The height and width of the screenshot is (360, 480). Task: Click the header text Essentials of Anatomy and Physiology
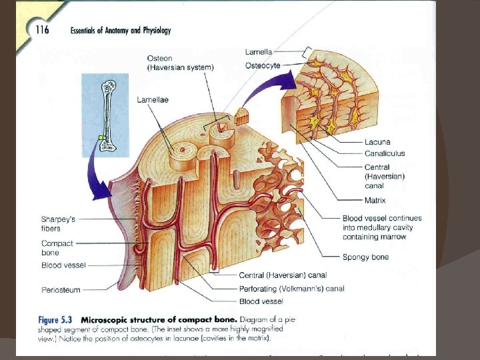point(121,30)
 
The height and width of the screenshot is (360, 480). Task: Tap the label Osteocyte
point(263,65)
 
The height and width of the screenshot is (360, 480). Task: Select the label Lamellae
point(152,99)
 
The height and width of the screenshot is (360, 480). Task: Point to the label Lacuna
point(377,141)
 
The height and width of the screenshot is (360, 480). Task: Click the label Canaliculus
point(385,154)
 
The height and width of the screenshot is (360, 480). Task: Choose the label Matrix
point(375,200)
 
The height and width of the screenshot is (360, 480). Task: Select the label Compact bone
point(57,248)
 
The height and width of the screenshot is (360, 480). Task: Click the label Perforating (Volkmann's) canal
point(291,289)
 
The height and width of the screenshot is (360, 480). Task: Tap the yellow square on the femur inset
point(101,137)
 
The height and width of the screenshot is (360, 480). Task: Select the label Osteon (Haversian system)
point(180,63)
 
